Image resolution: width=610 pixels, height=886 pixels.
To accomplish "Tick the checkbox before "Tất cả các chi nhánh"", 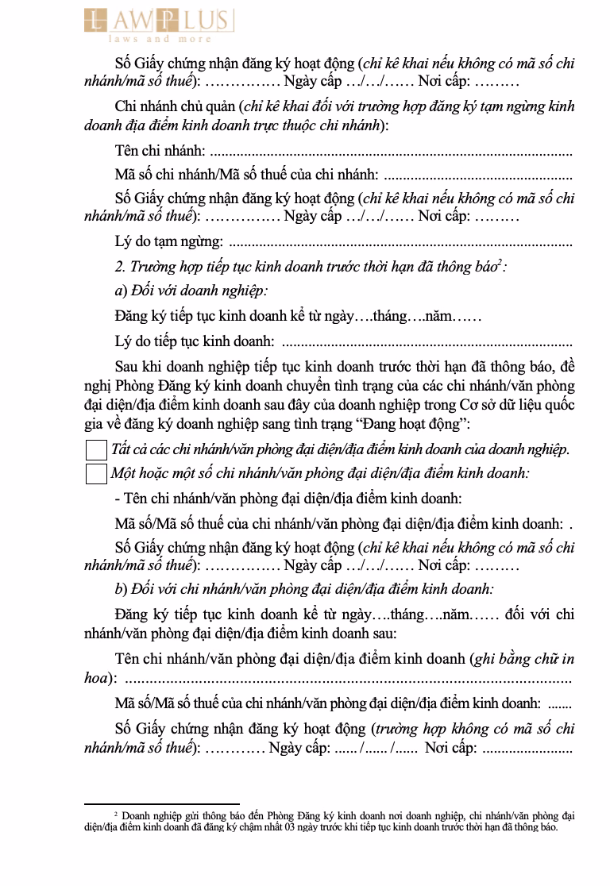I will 95,450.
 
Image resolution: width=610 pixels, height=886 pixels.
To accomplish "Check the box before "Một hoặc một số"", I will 95,474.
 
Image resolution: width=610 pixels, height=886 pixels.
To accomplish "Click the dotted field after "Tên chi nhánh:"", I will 390,151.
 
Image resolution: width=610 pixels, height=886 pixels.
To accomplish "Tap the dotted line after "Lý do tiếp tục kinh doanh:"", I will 427,343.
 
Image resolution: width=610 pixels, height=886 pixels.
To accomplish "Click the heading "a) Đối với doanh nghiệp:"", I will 191,291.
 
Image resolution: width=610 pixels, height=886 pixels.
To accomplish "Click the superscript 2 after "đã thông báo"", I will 500,263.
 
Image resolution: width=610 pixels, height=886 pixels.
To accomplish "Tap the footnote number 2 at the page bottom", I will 116,814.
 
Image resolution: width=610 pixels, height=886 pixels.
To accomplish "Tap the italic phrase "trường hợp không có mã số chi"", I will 475,729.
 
